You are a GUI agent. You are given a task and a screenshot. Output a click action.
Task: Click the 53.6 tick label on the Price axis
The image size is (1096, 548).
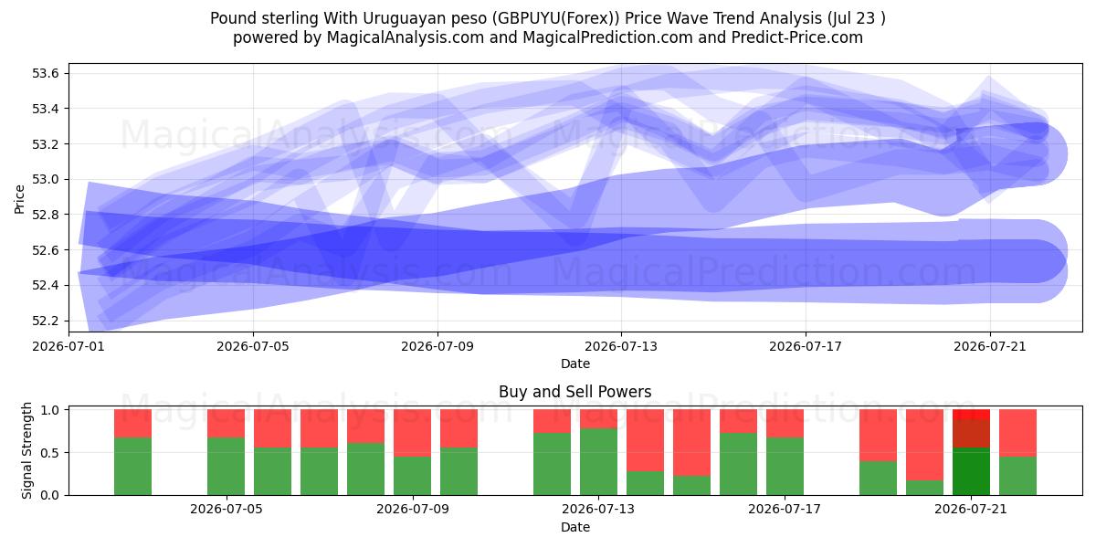point(45,73)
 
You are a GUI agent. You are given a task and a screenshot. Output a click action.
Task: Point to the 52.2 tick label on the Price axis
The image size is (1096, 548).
point(45,321)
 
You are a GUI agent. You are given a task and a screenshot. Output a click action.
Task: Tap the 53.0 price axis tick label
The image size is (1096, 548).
point(45,180)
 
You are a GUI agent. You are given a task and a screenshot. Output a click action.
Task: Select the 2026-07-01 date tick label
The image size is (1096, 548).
point(68,346)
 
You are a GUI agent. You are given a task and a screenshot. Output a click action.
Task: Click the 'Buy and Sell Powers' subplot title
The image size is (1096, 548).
point(574,392)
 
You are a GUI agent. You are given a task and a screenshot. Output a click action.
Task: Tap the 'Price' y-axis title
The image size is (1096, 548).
point(19,199)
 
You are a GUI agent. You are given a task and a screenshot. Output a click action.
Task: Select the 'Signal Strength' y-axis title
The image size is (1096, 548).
point(26,450)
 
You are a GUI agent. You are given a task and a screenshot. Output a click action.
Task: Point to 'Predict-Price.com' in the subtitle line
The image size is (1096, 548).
point(797,37)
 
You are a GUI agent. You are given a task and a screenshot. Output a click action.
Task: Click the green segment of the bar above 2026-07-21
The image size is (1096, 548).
point(971,471)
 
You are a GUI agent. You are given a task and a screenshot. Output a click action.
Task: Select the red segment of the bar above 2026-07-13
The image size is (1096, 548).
point(599,419)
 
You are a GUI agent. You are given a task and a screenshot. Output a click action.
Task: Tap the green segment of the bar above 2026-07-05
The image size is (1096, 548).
point(227,467)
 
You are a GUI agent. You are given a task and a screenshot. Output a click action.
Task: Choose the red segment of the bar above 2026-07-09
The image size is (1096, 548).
point(413,433)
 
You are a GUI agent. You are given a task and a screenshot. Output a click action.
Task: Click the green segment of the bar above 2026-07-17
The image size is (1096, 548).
point(785,467)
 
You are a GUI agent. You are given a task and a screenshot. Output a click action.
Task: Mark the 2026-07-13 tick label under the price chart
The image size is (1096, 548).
point(621,346)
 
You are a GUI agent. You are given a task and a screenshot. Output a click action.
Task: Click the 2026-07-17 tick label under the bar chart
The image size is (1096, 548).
point(785,509)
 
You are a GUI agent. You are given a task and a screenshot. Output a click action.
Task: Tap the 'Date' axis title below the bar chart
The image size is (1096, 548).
point(575,527)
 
